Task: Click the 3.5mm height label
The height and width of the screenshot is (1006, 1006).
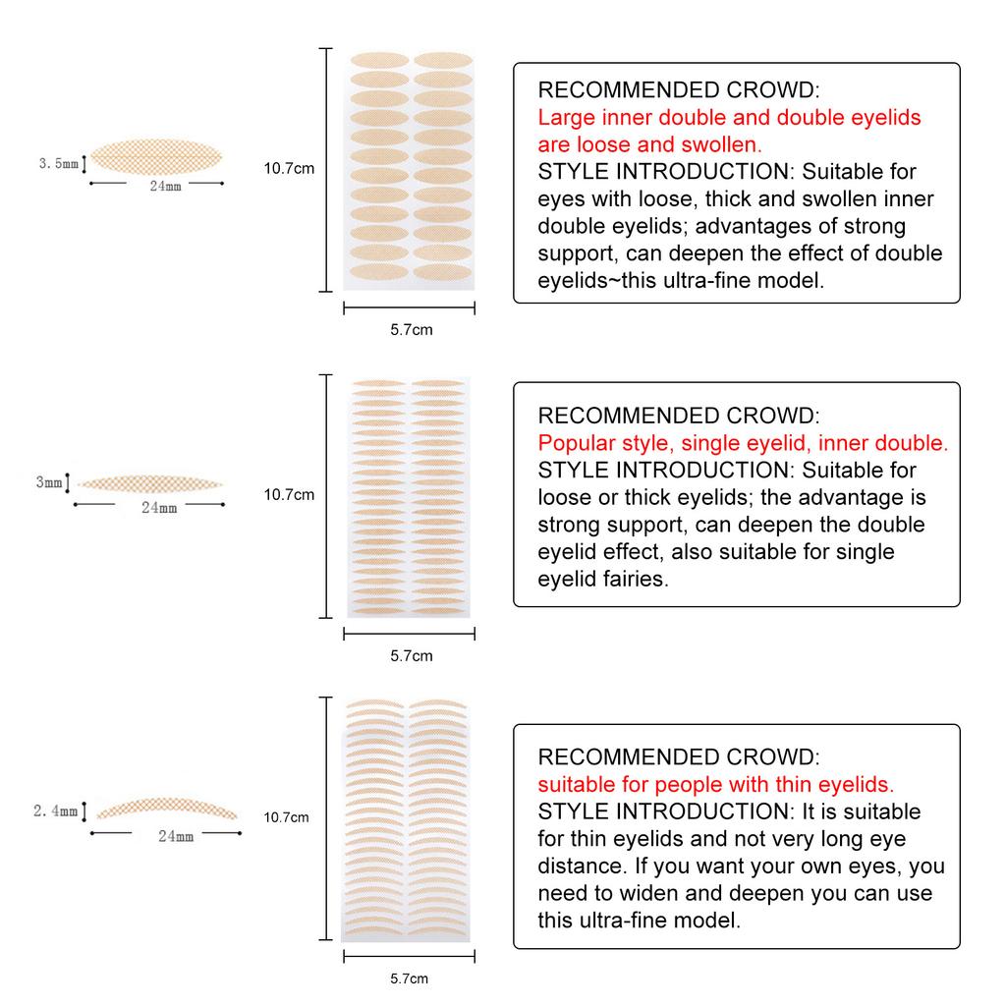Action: pos(58,164)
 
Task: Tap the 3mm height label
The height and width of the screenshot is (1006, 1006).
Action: pos(49,482)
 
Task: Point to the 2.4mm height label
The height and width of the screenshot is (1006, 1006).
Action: pos(55,811)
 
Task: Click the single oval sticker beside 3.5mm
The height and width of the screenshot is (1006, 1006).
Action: pos(157,158)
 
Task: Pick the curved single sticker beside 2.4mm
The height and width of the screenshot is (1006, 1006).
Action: pos(167,807)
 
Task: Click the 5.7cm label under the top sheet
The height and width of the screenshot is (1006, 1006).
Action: pos(411,330)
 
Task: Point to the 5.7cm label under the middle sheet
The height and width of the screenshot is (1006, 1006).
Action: pos(411,655)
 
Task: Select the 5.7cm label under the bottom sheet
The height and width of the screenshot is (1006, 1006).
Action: pos(409,978)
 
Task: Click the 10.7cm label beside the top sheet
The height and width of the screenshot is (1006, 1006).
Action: pos(289,168)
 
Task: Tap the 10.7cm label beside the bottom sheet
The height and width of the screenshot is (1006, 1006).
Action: pos(287,816)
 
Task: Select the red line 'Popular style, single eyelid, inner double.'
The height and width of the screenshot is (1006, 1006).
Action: pos(743,443)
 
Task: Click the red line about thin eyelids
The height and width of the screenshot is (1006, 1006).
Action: pos(716,785)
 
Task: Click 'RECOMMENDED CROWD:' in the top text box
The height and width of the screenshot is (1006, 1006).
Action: pos(678,90)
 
